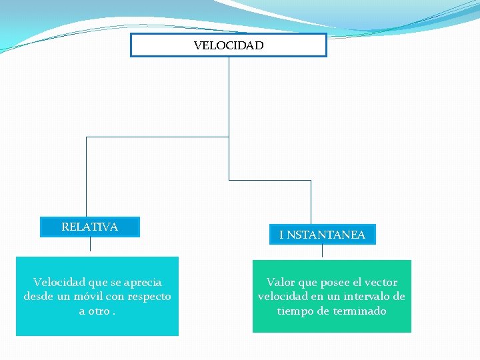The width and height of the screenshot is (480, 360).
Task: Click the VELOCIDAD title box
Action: (x=228, y=45)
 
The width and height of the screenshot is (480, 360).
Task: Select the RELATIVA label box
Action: (x=89, y=227)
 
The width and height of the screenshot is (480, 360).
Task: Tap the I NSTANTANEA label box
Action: (x=322, y=235)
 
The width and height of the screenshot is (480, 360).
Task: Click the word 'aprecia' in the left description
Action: (x=141, y=283)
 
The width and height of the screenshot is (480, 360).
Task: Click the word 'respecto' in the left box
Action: (x=149, y=296)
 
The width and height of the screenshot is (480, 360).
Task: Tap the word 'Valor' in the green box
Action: (x=281, y=283)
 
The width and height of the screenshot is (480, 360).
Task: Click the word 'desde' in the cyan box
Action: (x=37, y=296)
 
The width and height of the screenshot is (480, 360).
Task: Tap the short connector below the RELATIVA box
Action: (x=90, y=244)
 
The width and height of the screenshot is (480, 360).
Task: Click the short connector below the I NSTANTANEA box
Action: (x=322, y=251)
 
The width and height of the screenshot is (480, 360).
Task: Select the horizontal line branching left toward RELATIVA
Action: (x=157, y=137)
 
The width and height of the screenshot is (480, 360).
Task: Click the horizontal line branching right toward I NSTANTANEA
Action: (x=270, y=180)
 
